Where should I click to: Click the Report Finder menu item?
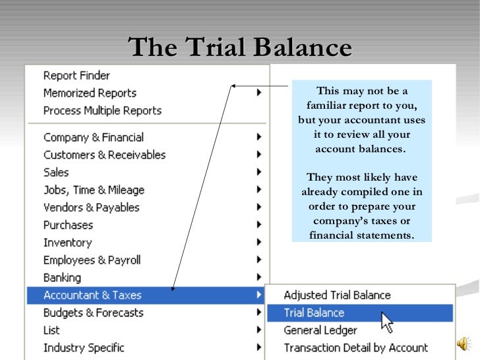click(76, 76)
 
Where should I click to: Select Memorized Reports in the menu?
click(90, 93)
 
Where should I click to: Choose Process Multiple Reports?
click(102, 111)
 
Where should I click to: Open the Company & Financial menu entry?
click(93, 137)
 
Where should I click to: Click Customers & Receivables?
click(104, 155)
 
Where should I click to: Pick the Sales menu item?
click(56, 172)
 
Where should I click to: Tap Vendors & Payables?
click(91, 207)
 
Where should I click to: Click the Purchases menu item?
click(68, 225)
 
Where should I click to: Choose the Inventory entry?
click(67, 243)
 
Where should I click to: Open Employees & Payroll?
click(92, 260)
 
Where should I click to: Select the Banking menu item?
click(62, 278)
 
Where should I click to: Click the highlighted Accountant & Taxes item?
click(92, 295)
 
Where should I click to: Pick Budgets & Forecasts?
click(93, 313)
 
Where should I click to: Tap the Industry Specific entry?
click(84, 347)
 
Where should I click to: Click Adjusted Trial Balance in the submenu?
click(337, 295)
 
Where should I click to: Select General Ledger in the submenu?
click(320, 330)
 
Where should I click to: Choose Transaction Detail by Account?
click(355, 347)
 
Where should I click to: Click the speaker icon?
click(464, 344)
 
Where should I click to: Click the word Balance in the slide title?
click(304, 47)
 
